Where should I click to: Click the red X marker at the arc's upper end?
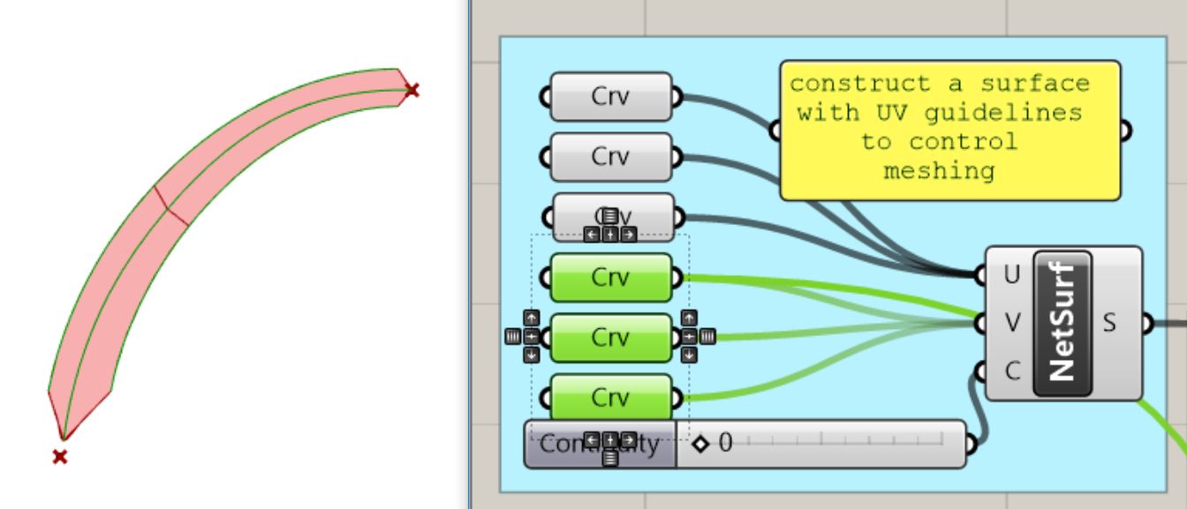pyautogui.click(x=412, y=89)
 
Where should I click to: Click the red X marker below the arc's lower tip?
pyautogui.click(x=59, y=456)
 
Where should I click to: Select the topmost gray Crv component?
pyautogui.click(x=610, y=96)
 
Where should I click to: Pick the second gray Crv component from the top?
pyautogui.click(x=610, y=156)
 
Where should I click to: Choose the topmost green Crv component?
pyautogui.click(x=610, y=277)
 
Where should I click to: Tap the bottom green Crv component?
pyautogui.click(x=610, y=397)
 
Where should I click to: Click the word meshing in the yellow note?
pyautogui.click(x=939, y=170)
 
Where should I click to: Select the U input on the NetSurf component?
pyautogui.click(x=1011, y=275)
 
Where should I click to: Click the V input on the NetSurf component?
pyautogui.click(x=1011, y=323)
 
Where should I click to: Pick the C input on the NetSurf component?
pyautogui.click(x=1011, y=371)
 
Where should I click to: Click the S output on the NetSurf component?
pyautogui.click(x=1110, y=323)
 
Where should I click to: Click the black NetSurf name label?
pyautogui.click(x=1063, y=323)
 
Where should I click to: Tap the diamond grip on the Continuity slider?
pyautogui.click(x=701, y=443)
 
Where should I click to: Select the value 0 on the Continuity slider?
pyautogui.click(x=726, y=443)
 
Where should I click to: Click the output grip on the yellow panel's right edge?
pyautogui.click(x=1125, y=131)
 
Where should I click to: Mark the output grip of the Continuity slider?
pyautogui.click(x=972, y=444)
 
